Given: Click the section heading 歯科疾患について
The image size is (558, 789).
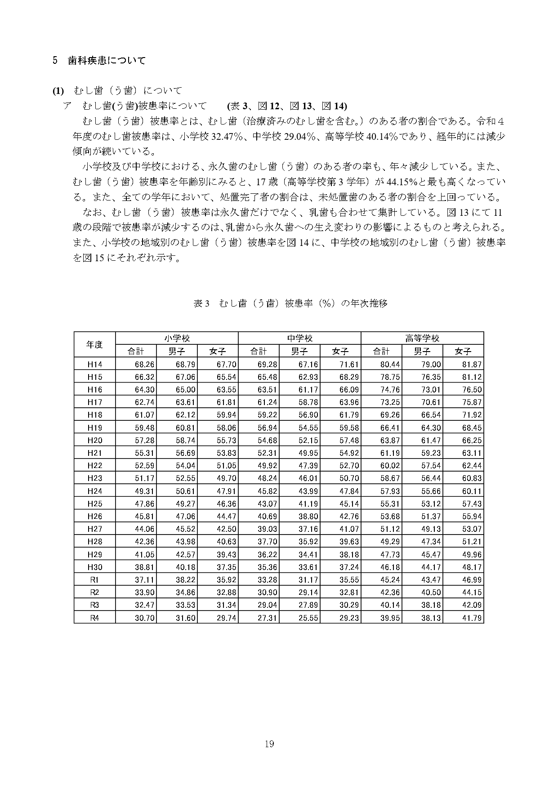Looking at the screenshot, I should click(107, 61).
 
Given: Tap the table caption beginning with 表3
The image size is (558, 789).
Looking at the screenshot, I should click(290, 303).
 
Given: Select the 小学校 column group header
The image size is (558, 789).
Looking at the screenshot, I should click(177, 339).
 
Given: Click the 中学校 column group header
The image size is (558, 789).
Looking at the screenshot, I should click(299, 339).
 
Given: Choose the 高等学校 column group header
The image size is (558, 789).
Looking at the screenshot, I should click(422, 339).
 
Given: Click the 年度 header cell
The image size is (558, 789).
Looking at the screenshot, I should click(94, 345).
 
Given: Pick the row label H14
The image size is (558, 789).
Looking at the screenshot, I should click(94, 365).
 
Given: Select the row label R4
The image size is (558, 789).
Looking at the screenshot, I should click(94, 618).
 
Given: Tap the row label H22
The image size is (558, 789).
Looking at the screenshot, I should click(94, 466).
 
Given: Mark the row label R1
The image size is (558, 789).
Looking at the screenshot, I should click(94, 580).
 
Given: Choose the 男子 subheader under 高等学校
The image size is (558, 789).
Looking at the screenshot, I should click(422, 352).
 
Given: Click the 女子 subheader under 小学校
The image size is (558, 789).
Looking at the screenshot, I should click(218, 352).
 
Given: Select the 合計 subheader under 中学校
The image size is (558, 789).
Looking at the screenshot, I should click(259, 352).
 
